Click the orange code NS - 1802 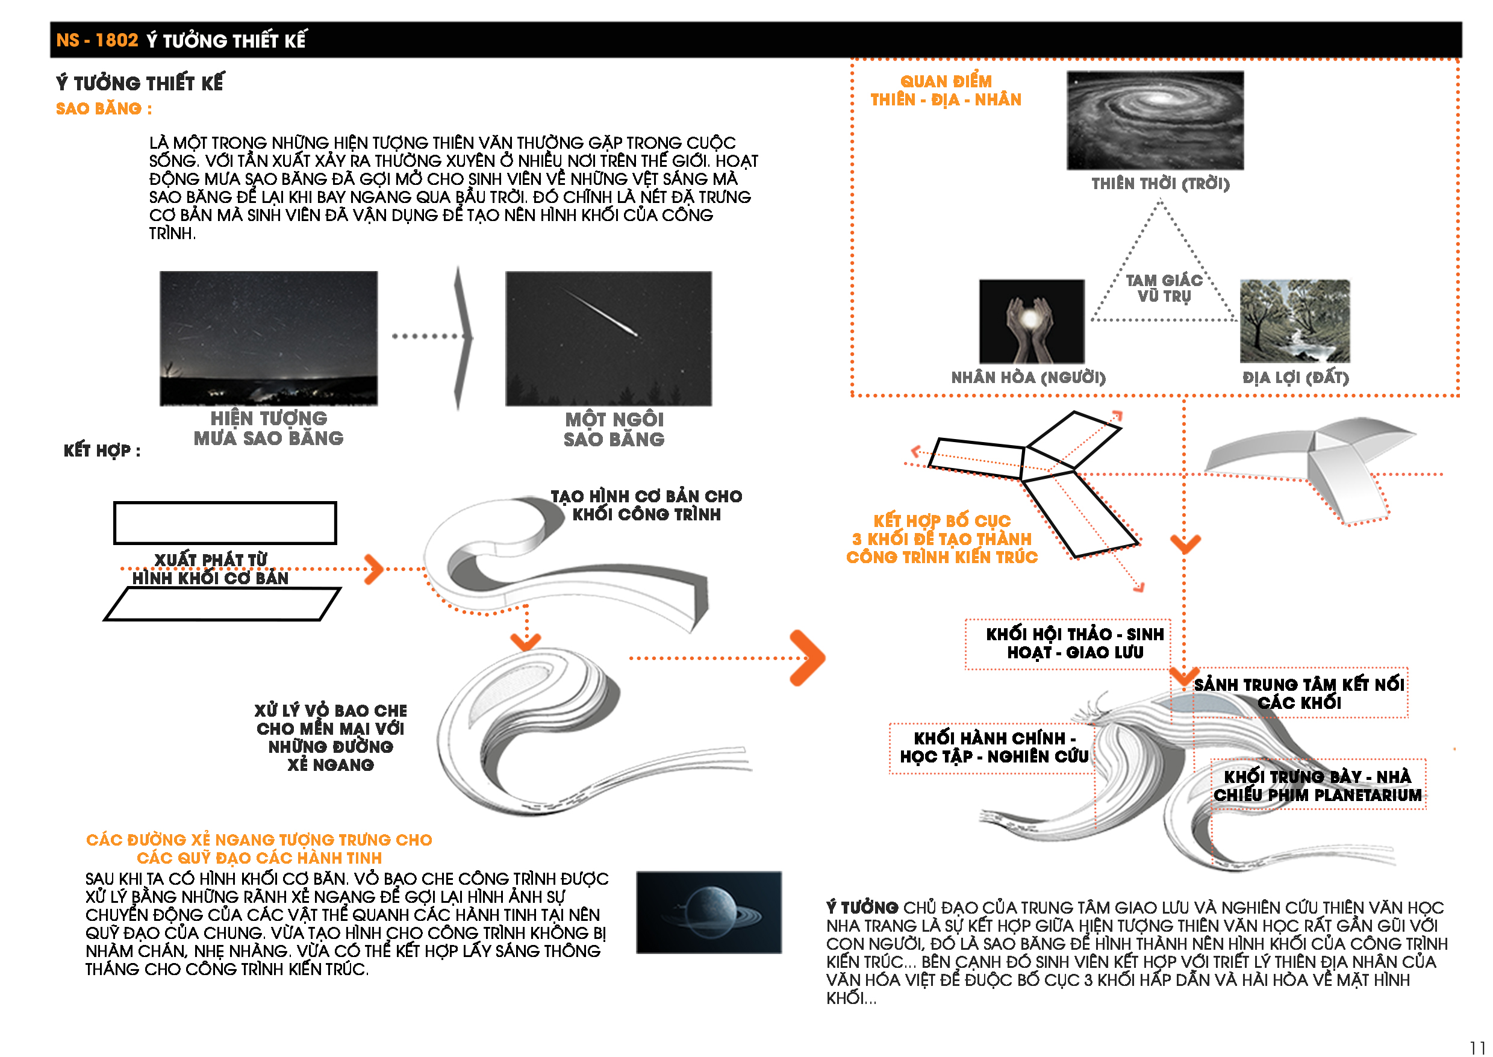tap(97, 40)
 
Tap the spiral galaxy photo tap(1155, 120)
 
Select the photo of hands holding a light tap(1032, 322)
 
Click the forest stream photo tap(1294, 321)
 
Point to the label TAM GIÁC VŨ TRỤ tap(1164, 288)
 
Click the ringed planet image tap(709, 912)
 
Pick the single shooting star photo tap(608, 338)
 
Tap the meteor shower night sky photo tap(269, 338)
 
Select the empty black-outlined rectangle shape tap(225, 523)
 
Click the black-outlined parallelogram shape tap(222, 604)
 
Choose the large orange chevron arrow tap(808, 658)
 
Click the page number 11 tap(1477, 1047)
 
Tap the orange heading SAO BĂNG tap(104, 108)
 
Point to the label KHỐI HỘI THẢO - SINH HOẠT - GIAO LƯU tap(1074, 643)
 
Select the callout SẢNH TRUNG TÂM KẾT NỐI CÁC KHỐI tap(1299, 693)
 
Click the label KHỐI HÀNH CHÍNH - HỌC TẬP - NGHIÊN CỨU tap(994, 747)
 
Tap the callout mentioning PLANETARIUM tap(1317, 785)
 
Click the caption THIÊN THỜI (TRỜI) tap(1161, 184)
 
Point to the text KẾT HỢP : tap(102, 451)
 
